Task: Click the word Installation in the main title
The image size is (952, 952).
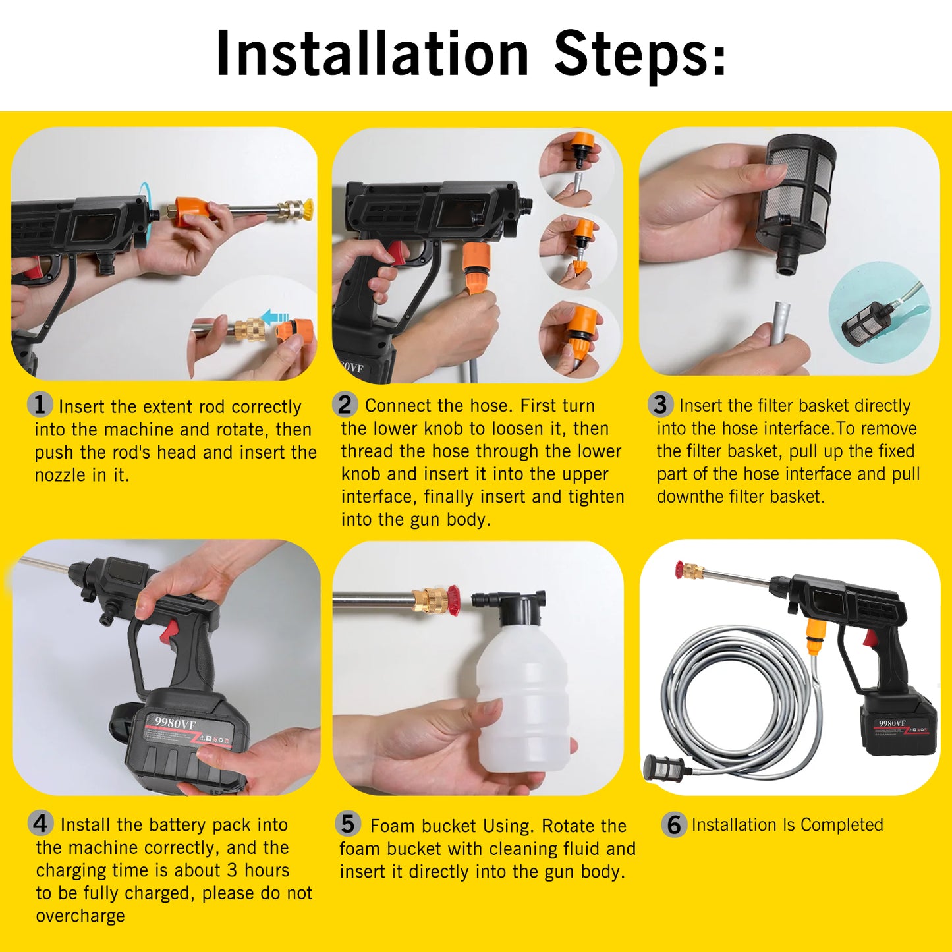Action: click(372, 53)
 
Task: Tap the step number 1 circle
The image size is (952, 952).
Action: click(40, 405)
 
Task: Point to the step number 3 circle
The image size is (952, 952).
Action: click(660, 405)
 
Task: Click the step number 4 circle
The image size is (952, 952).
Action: click(40, 824)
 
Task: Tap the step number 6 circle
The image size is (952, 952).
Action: click(674, 825)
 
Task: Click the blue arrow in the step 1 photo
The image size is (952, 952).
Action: click(275, 316)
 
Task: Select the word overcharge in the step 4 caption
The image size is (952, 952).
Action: click(80, 916)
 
